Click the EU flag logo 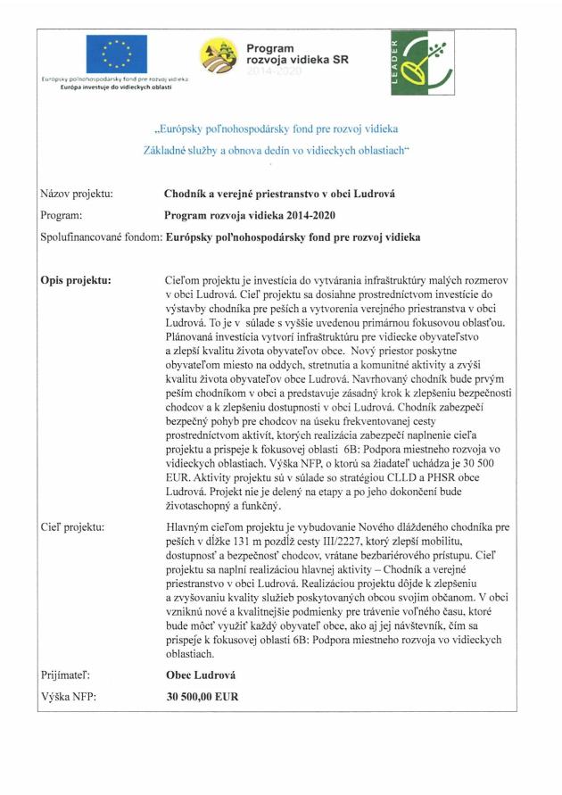coord(116,54)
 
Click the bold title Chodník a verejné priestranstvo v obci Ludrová coord(279,193)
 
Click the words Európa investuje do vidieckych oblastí coord(116,87)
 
